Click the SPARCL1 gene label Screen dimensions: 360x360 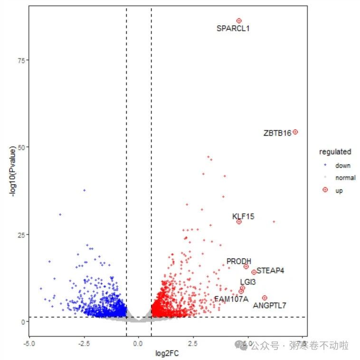pos(233,28)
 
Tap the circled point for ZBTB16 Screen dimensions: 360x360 pos(295,132)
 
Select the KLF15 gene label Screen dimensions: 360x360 pos(243,217)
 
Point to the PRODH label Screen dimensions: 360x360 pos(239,261)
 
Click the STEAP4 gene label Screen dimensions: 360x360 pos(270,271)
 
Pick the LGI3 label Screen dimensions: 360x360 pos(248,282)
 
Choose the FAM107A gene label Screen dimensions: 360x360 pos(231,299)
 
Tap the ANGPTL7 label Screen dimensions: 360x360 pos(269,305)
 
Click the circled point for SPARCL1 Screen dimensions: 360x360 pos(239,21)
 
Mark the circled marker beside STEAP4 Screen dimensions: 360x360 pos(254,272)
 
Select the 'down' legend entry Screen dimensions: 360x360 pos(342,166)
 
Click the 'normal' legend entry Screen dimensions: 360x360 pos(345,178)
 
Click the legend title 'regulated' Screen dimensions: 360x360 pos(335,152)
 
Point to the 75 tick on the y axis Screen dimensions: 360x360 pos(22,60)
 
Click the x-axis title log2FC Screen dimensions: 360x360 pos(167,353)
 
